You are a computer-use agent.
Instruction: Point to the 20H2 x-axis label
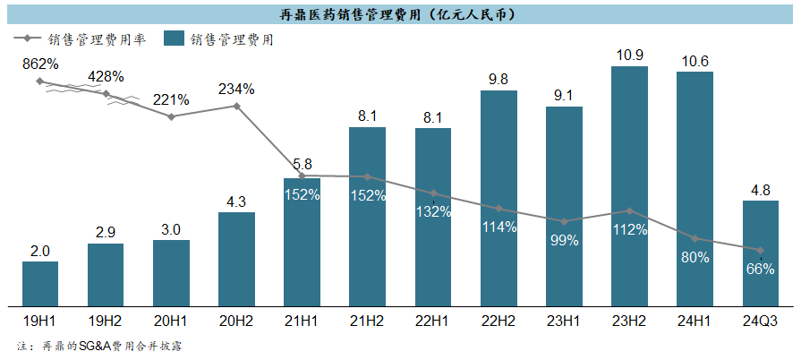pos(236,320)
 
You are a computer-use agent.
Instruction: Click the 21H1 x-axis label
pos(302,320)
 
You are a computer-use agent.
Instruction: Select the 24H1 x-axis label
pos(695,320)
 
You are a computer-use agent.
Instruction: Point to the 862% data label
pos(40,64)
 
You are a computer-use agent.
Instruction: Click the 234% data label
pos(236,89)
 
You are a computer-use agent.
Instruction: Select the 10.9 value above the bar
pos(630,56)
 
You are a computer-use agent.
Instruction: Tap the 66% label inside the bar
pos(761,269)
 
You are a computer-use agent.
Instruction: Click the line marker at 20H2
pos(236,106)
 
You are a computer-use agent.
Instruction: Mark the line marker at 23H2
pos(630,211)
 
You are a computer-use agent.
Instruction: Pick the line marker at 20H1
pos(171,116)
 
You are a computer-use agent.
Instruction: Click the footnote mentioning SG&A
pos(99,346)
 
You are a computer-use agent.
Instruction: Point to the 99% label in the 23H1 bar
pos(565,240)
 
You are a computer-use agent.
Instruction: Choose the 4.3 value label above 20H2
pos(236,202)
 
